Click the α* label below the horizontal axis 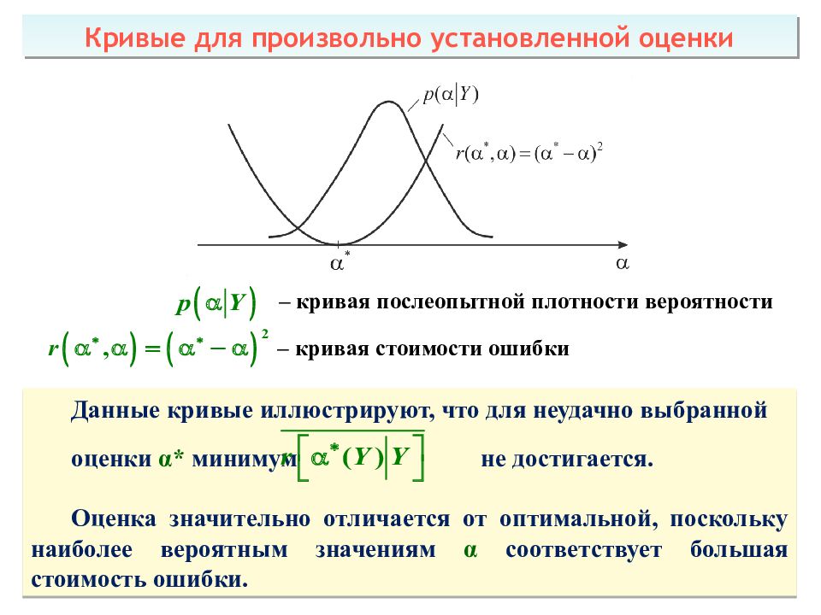[x=340, y=262]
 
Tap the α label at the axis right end [x=622, y=263]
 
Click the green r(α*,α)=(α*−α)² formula [x=158, y=348]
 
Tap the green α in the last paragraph [x=470, y=550]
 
